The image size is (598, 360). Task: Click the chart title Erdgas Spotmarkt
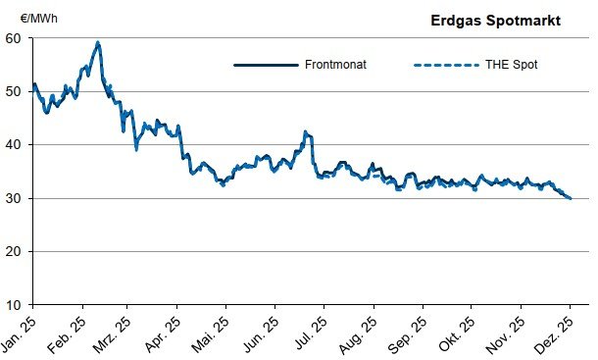click(496, 20)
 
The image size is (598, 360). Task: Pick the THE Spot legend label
click(511, 66)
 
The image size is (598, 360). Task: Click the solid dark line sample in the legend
click(265, 66)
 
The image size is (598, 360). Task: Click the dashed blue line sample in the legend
click(444, 66)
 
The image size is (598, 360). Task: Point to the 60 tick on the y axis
click(14, 38)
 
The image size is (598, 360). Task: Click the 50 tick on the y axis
click(14, 91)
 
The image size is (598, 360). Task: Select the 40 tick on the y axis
click(14, 144)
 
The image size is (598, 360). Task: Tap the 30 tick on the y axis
click(14, 198)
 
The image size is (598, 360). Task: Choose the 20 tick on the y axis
click(14, 251)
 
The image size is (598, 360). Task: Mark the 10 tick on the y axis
click(14, 305)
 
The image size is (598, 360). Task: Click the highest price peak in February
click(98, 43)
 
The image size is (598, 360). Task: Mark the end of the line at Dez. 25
click(571, 198)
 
